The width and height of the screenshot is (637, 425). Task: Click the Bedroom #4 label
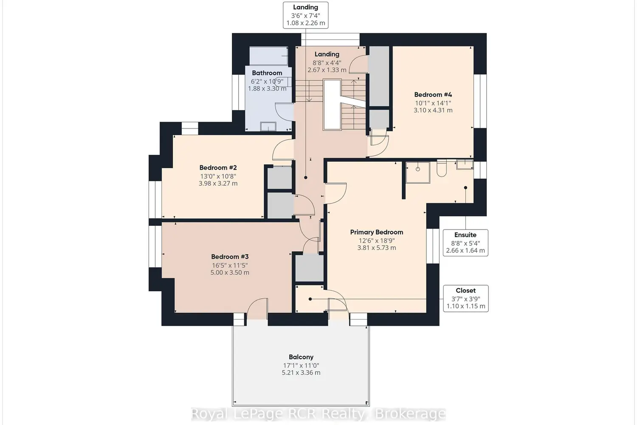(x=433, y=94)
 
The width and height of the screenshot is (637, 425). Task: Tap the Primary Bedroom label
(x=377, y=232)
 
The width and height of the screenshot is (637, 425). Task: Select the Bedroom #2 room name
(x=218, y=168)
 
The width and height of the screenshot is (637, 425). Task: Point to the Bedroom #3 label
(x=230, y=256)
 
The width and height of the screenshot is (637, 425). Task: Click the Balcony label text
(x=301, y=357)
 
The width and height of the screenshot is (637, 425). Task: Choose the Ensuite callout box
(x=465, y=243)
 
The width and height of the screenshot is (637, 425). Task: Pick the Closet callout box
(x=466, y=298)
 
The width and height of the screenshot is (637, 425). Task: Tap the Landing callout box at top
(x=306, y=15)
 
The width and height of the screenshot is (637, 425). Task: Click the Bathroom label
(x=267, y=73)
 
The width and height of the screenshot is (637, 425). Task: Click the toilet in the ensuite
(x=442, y=169)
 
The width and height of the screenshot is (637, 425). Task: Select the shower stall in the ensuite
(x=418, y=173)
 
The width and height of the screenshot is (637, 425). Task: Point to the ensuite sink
(x=465, y=164)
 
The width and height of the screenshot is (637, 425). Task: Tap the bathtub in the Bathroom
(x=269, y=56)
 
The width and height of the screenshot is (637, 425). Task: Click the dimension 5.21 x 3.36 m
(x=301, y=373)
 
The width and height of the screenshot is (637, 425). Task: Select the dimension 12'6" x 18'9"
(x=377, y=241)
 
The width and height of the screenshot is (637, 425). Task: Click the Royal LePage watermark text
(x=318, y=414)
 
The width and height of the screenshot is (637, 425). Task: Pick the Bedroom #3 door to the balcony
(x=257, y=309)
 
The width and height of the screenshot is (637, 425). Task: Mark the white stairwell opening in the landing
(x=332, y=105)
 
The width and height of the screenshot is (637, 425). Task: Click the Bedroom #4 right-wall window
(x=480, y=101)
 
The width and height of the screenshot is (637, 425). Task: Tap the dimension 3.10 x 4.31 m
(x=433, y=110)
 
